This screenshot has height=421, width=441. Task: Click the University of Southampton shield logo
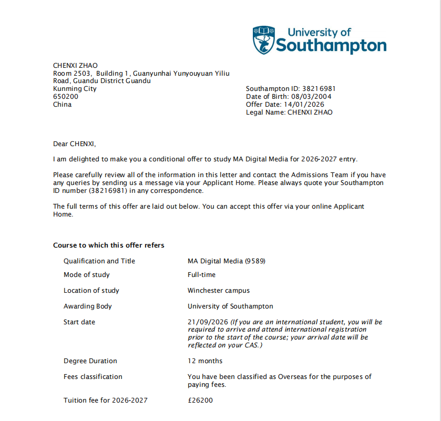263,40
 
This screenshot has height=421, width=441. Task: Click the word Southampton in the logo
331,46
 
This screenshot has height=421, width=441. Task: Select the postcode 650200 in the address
66,97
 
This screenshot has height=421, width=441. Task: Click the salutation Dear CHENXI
75,143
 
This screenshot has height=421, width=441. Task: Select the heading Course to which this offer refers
108,245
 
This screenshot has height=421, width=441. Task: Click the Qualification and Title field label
99,261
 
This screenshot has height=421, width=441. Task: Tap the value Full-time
201,275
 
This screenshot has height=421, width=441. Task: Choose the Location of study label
91,291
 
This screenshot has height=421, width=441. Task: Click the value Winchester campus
219,291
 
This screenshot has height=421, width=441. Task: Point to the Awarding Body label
88,306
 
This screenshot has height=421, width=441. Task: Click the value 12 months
205,361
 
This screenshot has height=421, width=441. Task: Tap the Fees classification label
93,377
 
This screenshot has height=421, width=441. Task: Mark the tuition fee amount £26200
200,401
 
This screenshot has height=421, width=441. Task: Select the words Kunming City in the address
75,89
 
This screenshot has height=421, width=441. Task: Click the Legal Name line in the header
289,112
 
